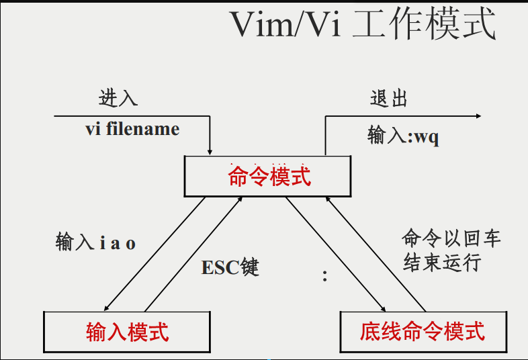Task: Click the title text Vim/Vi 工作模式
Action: point(363,26)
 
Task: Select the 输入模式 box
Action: point(127,331)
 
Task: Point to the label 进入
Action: point(118,98)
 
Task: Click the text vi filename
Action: point(132,128)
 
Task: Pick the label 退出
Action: point(389,99)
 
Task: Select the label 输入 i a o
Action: point(95,242)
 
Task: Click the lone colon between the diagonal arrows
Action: point(325,275)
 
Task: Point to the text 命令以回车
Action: point(451,238)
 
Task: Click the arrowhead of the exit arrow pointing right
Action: point(478,116)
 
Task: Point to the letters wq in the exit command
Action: point(427,137)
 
